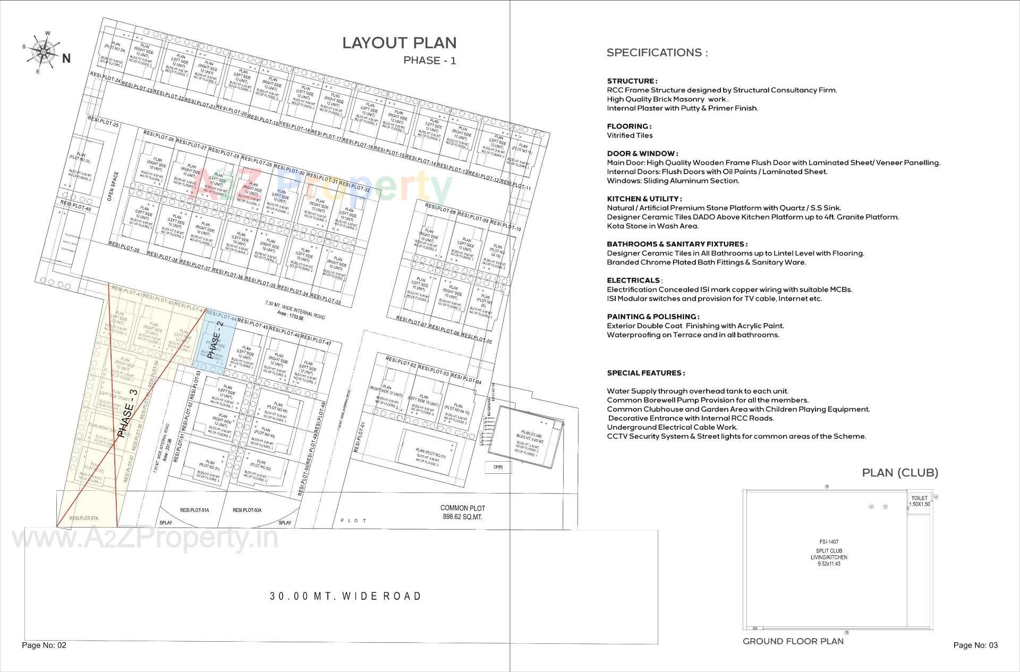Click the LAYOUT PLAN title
[x=399, y=43]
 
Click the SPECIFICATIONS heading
[x=657, y=53]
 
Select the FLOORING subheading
[x=629, y=126]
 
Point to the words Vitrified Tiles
[x=630, y=135]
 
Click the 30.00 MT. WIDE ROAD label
[x=346, y=596]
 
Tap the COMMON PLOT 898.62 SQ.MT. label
[x=462, y=512]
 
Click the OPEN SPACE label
[x=111, y=186]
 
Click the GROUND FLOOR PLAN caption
[x=793, y=641]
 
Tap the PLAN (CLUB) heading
[x=900, y=472]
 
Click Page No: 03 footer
[x=975, y=645]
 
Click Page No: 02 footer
[x=44, y=645]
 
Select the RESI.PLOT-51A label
[x=194, y=511]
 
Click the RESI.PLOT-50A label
[x=247, y=511]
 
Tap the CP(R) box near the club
[x=498, y=467]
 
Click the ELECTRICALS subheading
[x=633, y=280]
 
